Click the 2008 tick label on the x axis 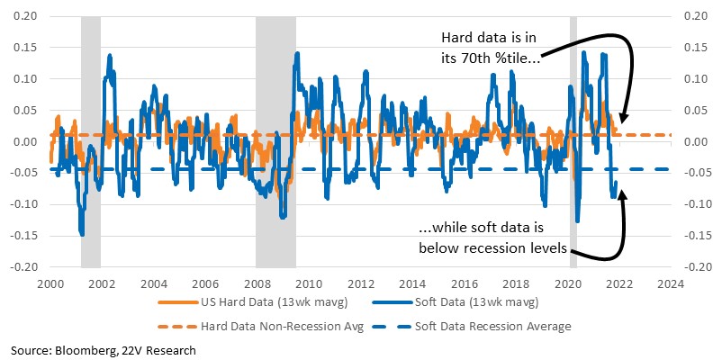click(257, 283)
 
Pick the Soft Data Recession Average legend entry click(472, 327)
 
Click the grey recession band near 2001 click(91, 142)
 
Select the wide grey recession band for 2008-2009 click(275, 142)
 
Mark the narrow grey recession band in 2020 click(573, 142)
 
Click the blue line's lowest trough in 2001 click(83, 235)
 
